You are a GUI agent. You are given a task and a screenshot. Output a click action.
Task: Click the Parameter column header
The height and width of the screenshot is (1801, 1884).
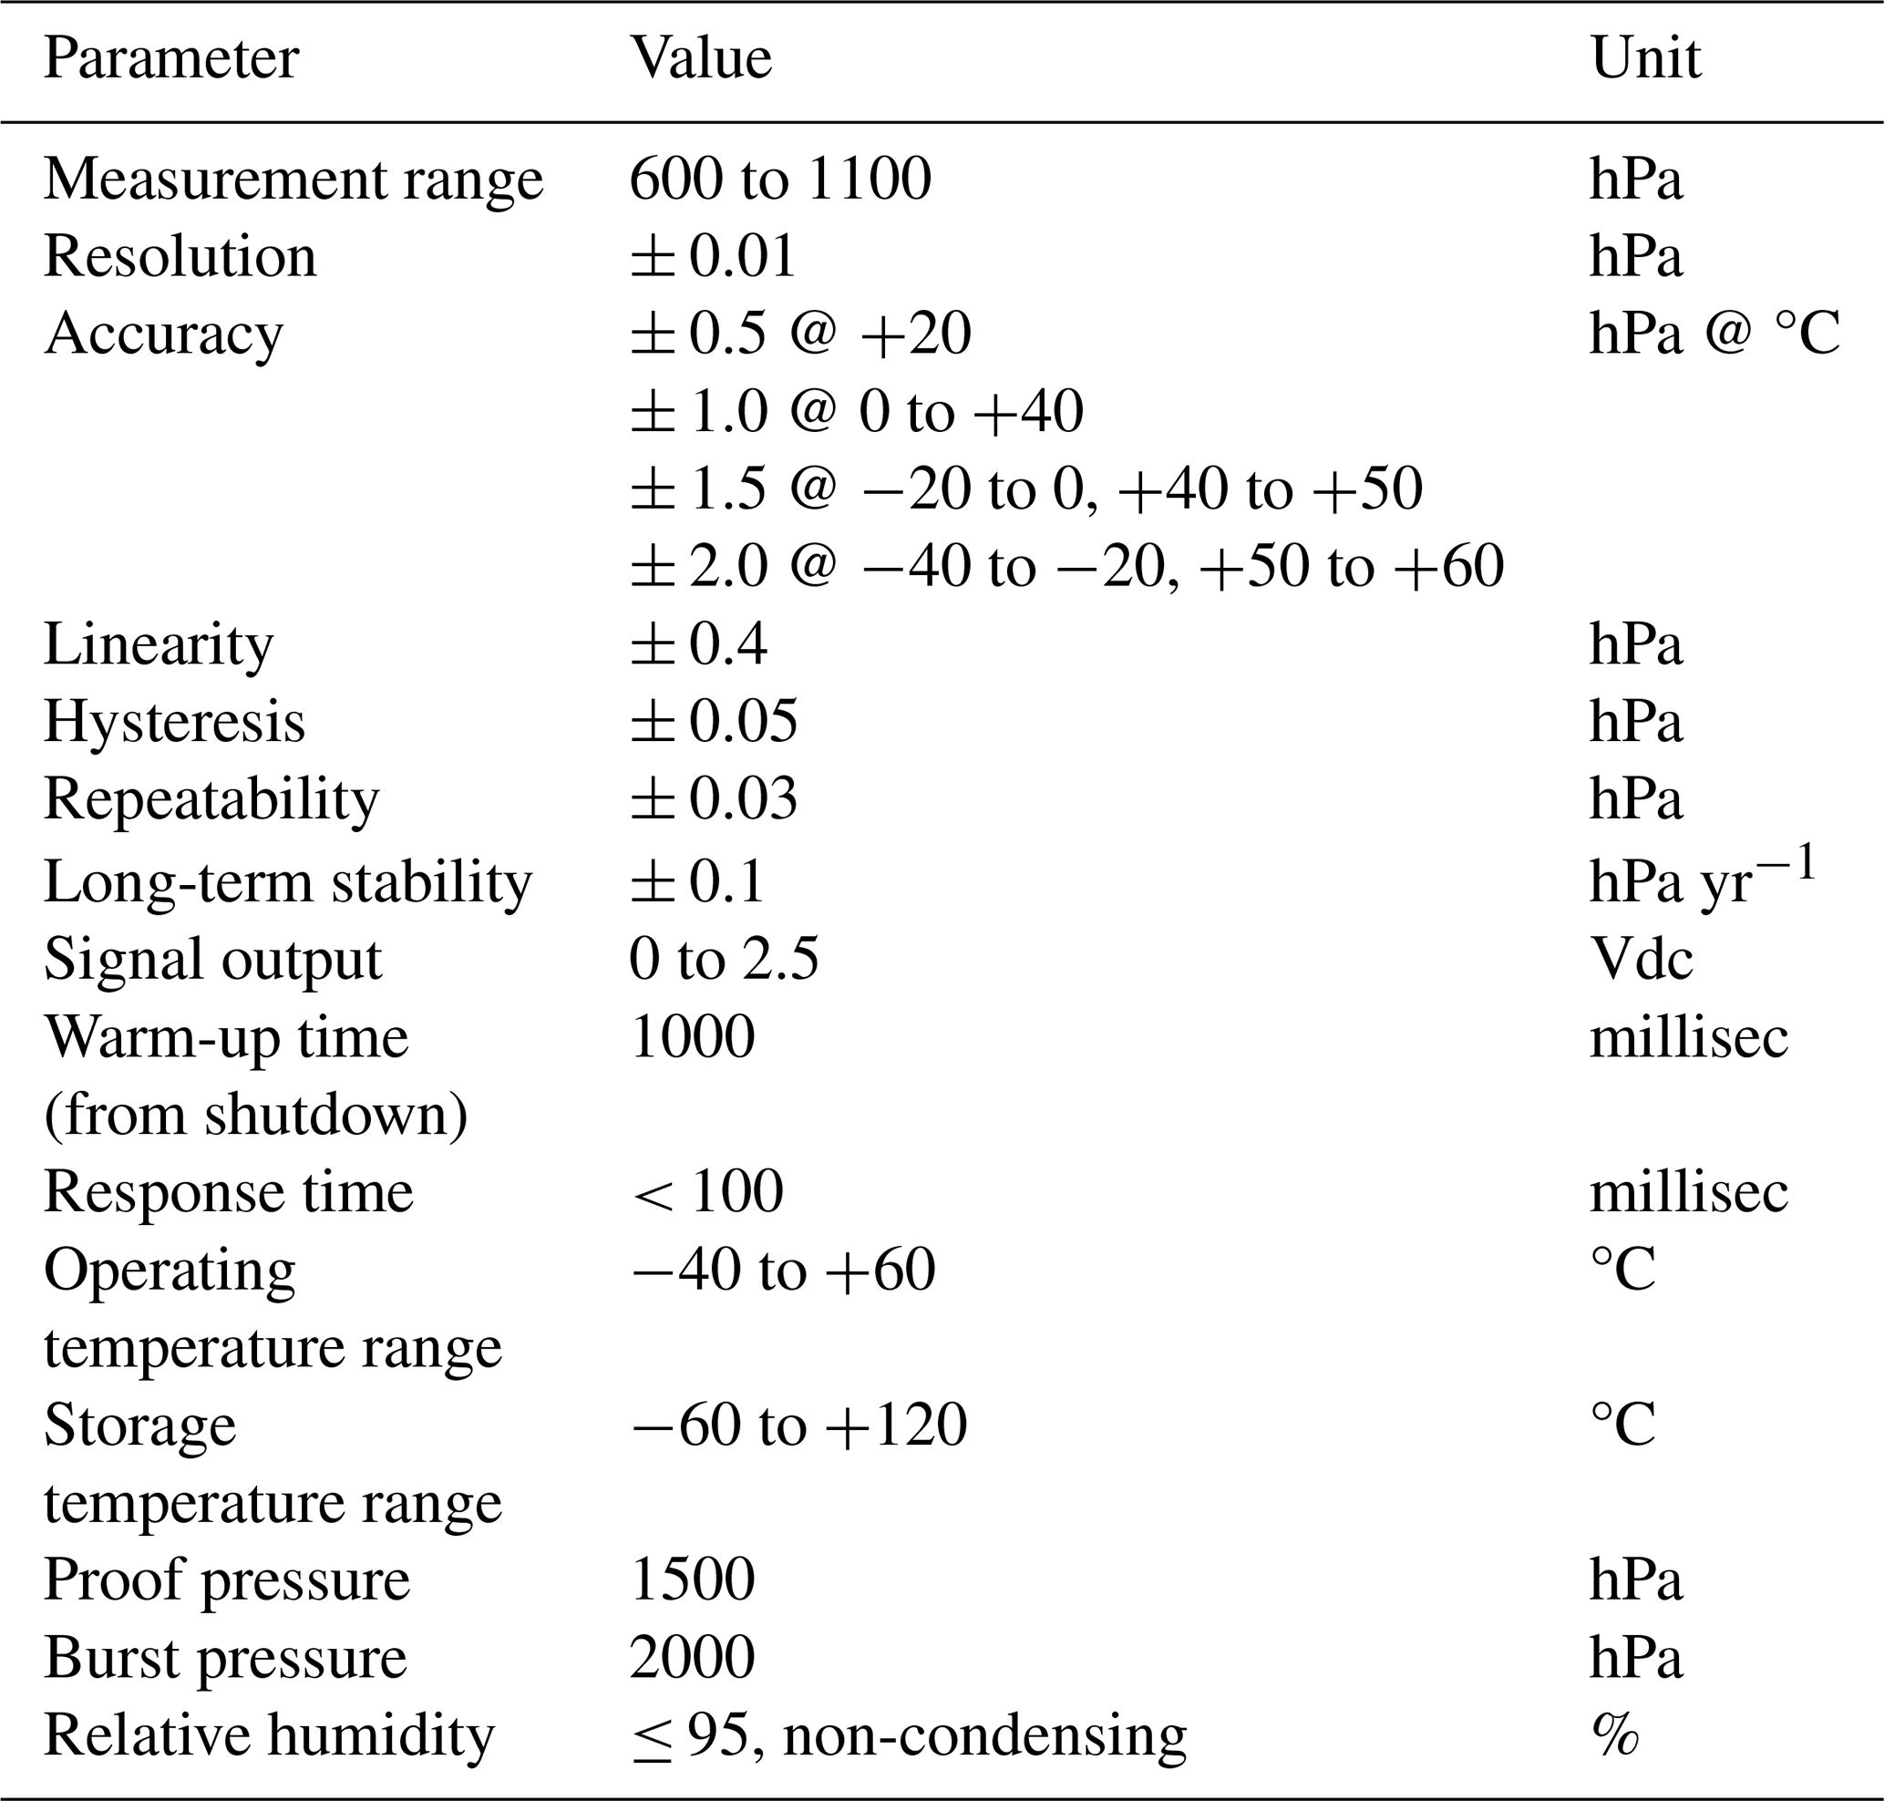point(171,59)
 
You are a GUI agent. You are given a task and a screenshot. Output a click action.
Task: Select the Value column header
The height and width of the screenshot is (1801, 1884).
point(700,59)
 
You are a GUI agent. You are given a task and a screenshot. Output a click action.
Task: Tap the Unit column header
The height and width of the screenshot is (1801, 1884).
point(1645,59)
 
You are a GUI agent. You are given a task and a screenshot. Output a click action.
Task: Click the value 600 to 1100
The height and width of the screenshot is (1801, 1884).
point(779,180)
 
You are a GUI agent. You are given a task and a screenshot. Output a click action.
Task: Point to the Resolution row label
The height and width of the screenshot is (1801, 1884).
point(180,257)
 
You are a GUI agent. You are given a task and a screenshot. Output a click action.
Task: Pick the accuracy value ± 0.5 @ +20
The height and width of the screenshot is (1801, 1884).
point(800,334)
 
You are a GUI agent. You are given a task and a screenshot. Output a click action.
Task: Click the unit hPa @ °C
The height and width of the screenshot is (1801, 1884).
point(1714,334)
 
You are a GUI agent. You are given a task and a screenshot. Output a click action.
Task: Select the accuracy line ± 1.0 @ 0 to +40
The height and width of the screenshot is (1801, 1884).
point(857,412)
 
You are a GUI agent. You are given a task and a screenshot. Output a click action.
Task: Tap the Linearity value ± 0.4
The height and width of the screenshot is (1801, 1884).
point(698,644)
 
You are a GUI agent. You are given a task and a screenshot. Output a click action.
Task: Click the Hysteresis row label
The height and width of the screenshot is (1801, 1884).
point(174,722)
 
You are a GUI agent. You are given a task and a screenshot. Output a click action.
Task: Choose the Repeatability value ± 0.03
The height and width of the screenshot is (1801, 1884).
point(714,799)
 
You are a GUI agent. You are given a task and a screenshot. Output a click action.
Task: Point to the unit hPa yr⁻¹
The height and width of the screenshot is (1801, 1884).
point(1703,878)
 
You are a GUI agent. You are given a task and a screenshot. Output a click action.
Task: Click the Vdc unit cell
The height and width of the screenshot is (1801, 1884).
point(1641,959)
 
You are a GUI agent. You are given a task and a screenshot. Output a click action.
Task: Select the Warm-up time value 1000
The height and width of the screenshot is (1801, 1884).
point(693,1037)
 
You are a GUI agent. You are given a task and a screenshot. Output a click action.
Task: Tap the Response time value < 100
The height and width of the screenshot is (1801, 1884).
point(707,1192)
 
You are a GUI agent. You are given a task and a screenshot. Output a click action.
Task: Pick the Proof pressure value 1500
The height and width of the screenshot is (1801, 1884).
point(693,1580)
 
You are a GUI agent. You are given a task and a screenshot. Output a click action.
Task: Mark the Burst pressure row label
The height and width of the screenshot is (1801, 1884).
point(225,1658)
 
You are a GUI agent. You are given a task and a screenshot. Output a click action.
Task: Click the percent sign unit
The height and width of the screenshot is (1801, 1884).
point(1614,1734)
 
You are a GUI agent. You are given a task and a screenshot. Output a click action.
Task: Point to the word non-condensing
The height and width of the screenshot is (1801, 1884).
point(984,1734)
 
